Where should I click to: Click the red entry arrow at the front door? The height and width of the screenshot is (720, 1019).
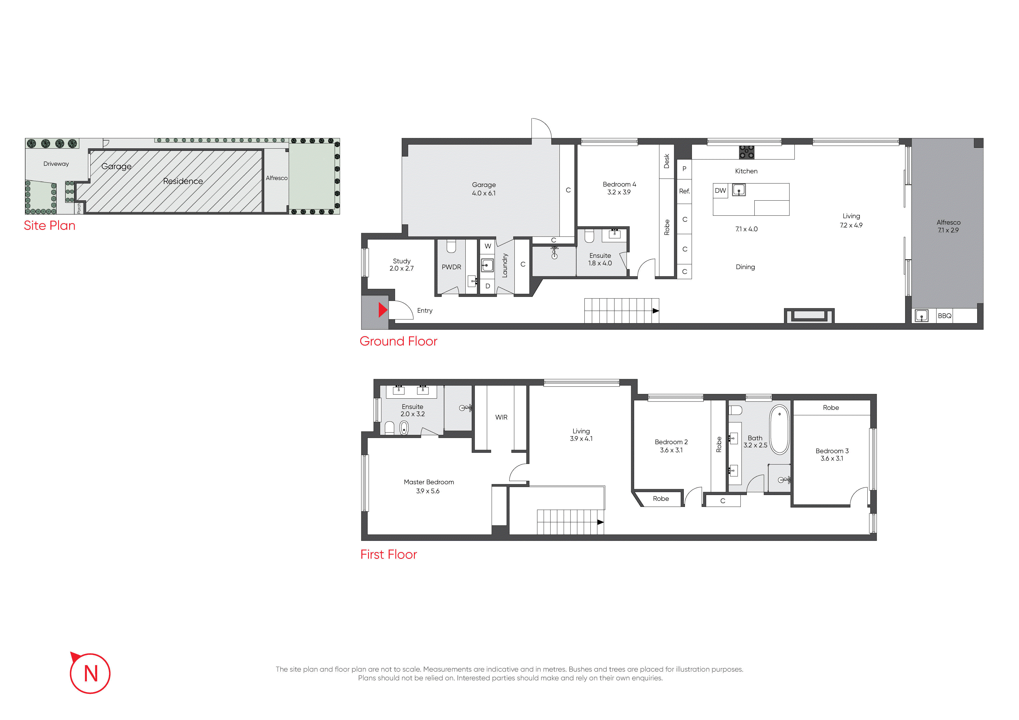[x=383, y=310]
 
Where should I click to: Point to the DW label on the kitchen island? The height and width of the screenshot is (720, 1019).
[x=720, y=191]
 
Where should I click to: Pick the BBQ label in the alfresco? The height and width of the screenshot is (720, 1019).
[x=944, y=316]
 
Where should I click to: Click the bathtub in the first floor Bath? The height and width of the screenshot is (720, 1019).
[x=779, y=429]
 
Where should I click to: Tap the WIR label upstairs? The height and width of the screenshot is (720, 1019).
[x=501, y=417]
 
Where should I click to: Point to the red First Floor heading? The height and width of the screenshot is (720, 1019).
[x=388, y=555]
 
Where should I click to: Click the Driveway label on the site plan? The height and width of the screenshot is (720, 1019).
[x=56, y=164]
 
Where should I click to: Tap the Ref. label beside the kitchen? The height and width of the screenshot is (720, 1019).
[x=684, y=191]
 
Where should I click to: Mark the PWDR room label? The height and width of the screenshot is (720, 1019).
[x=451, y=267]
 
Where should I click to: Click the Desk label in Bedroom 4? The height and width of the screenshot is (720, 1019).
[x=666, y=161]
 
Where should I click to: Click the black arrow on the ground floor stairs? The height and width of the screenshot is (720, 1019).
[x=656, y=311]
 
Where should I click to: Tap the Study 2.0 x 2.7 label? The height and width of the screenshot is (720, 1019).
[x=402, y=265]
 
